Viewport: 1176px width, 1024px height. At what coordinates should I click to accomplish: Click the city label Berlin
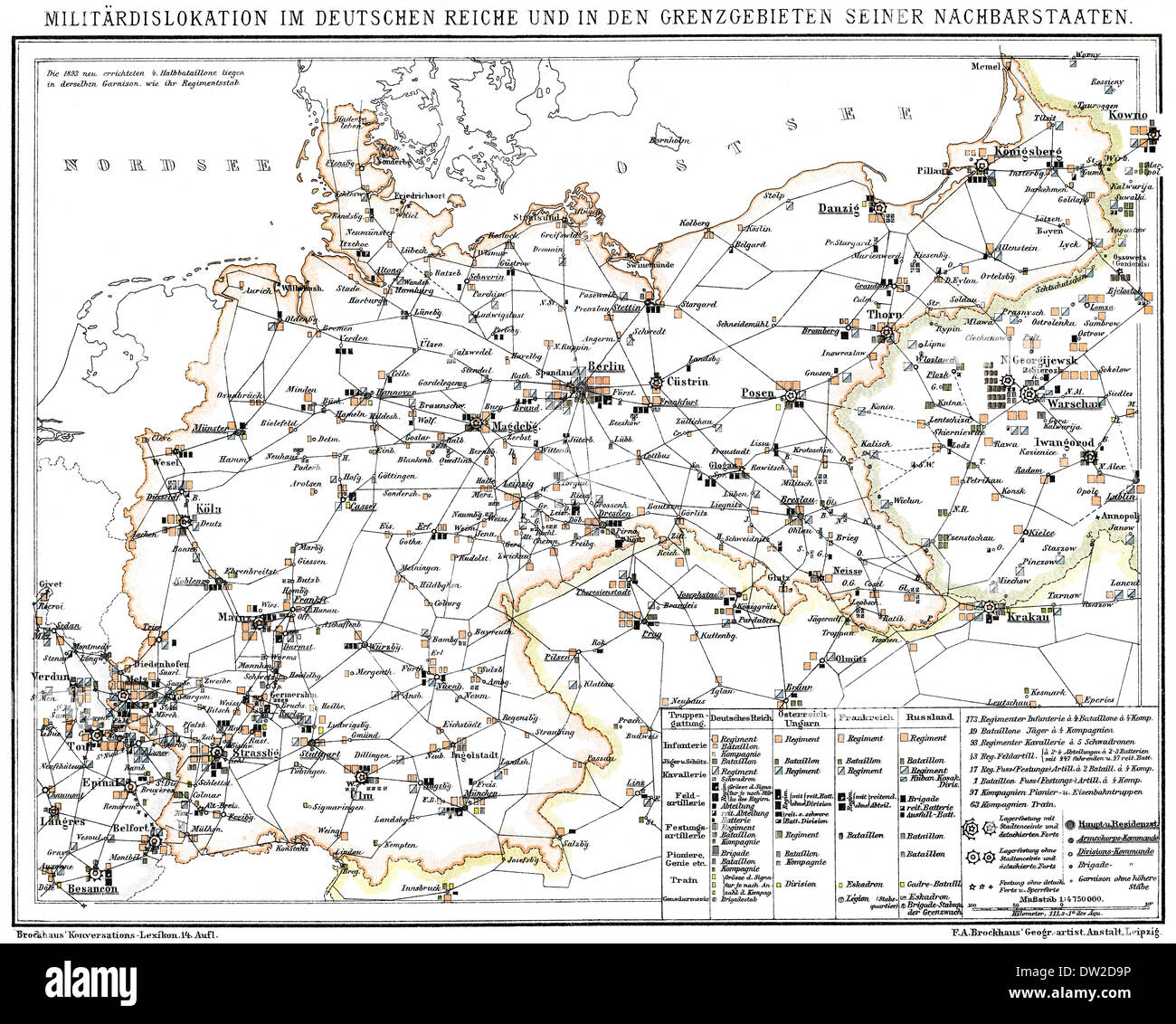coord(606,367)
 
